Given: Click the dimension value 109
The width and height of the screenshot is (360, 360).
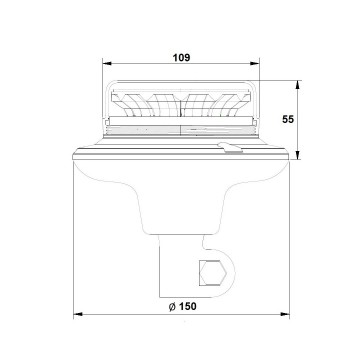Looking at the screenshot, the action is click(x=181, y=58).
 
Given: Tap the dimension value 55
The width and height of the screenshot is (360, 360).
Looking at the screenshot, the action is click(x=288, y=119).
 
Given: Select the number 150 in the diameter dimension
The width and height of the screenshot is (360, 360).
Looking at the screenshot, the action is click(x=187, y=306).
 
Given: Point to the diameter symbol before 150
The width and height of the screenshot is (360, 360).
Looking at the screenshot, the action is click(x=172, y=307).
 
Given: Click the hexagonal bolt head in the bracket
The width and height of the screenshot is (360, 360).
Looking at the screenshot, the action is click(x=213, y=273).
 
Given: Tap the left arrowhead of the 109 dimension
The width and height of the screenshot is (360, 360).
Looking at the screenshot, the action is click(x=107, y=63).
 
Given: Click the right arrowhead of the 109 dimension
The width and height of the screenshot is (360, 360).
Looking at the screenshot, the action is click(x=255, y=63).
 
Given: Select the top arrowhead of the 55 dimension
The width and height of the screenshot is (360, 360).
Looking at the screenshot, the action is click(x=298, y=85).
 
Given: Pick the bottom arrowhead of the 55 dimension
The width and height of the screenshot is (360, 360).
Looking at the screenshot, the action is click(x=298, y=155).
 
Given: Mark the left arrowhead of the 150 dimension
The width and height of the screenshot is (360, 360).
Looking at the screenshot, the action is click(x=78, y=314).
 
